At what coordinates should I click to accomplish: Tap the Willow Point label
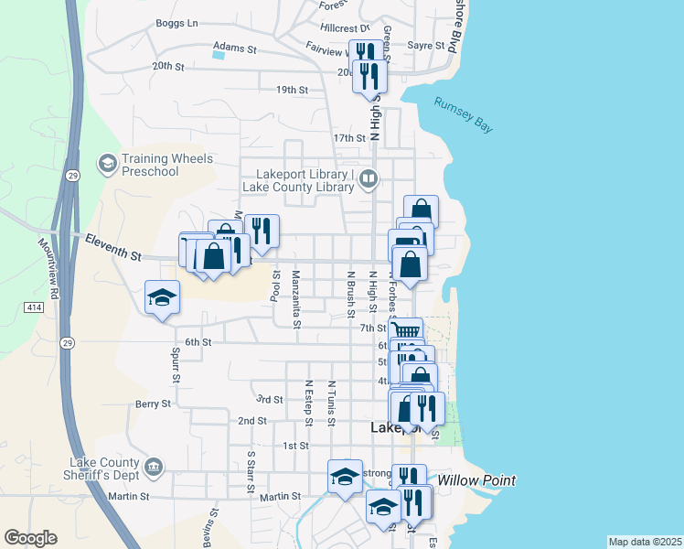476,480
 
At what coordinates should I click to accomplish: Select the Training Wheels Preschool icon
108,163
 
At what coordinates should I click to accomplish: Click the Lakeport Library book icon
369,178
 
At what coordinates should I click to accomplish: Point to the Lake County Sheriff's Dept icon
154,468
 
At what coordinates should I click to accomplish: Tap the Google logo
30,538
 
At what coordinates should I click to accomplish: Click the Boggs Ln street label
176,24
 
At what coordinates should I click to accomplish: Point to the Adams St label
235,45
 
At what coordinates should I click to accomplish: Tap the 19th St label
292,90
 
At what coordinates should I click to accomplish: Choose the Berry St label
153,404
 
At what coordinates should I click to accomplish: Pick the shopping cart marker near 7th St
405,330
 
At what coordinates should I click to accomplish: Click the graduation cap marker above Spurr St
162,297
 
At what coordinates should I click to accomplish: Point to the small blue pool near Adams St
218,54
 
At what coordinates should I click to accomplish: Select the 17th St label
349,137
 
